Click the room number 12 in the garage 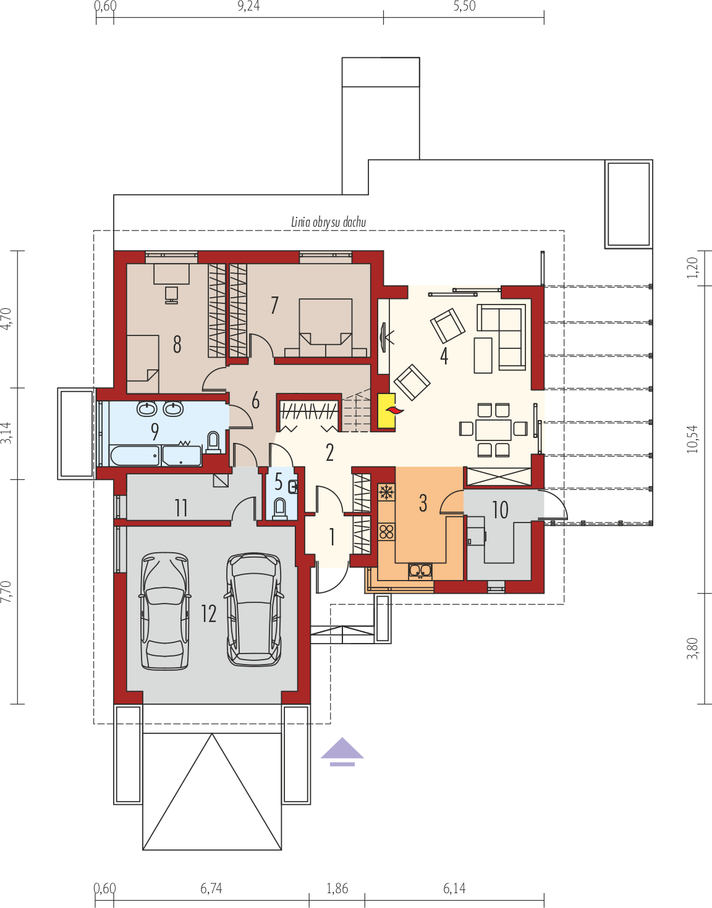click(209, 613)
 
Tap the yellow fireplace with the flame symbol click(387, 411)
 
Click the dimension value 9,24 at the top click(248, 7)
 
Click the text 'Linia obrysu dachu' click(328, 222)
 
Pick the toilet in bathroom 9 click(213, 442)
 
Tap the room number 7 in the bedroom click(274, 305)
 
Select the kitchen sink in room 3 click(420, 571)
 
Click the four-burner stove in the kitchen click(387, 531)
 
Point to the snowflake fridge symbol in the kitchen click(387, 492)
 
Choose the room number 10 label click(500, 510)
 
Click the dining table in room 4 click(493, 429)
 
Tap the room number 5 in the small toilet click(279, 482)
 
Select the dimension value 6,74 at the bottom click(211, 889)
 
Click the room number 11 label click(181, 508)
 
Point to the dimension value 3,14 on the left click(6, 432)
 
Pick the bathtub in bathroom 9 click(135, 456)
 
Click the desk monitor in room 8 click(171, 294)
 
